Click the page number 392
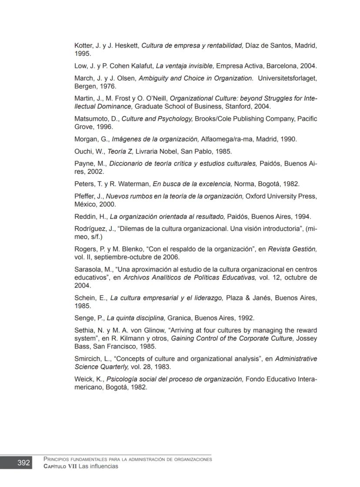(23, 463)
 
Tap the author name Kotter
(83, 45)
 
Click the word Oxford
(257, 196)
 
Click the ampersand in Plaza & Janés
(247, 298)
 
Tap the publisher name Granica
(180, 318)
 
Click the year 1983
(162, 366)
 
